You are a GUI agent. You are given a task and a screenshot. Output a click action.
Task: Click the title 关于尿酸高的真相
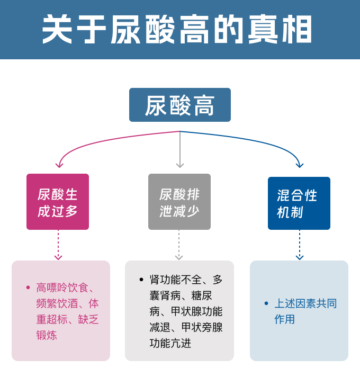pos(177,29)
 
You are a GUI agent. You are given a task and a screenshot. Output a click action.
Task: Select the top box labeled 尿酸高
pos(180,105)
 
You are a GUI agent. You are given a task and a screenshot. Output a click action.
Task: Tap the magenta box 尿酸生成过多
pos(58,202)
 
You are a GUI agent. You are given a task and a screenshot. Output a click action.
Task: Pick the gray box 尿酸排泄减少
pos(179,202)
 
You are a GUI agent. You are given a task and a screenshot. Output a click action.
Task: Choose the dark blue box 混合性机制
pos(299,203)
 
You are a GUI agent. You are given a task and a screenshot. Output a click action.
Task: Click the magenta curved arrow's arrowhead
pos(60,164)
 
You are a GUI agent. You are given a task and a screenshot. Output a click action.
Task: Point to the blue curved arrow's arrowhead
pos(300,164)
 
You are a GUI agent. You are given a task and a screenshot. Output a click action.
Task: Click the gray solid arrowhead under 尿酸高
pos(180,165)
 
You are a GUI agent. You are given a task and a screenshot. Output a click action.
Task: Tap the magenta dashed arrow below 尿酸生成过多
pos(58,245)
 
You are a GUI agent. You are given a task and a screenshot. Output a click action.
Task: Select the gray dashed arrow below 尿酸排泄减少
pos(179,245)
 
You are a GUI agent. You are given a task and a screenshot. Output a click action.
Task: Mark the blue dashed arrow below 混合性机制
pos(300,245)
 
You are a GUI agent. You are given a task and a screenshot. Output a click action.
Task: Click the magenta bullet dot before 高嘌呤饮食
pos(28,288)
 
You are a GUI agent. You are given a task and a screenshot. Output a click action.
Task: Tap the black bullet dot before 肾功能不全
pos(141,280)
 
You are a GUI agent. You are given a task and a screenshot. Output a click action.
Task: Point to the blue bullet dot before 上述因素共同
pos(266,304)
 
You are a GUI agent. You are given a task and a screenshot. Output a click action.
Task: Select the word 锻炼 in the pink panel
pos(47,335)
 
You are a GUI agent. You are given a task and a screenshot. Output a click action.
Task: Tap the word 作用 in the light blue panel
pos(285,319)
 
